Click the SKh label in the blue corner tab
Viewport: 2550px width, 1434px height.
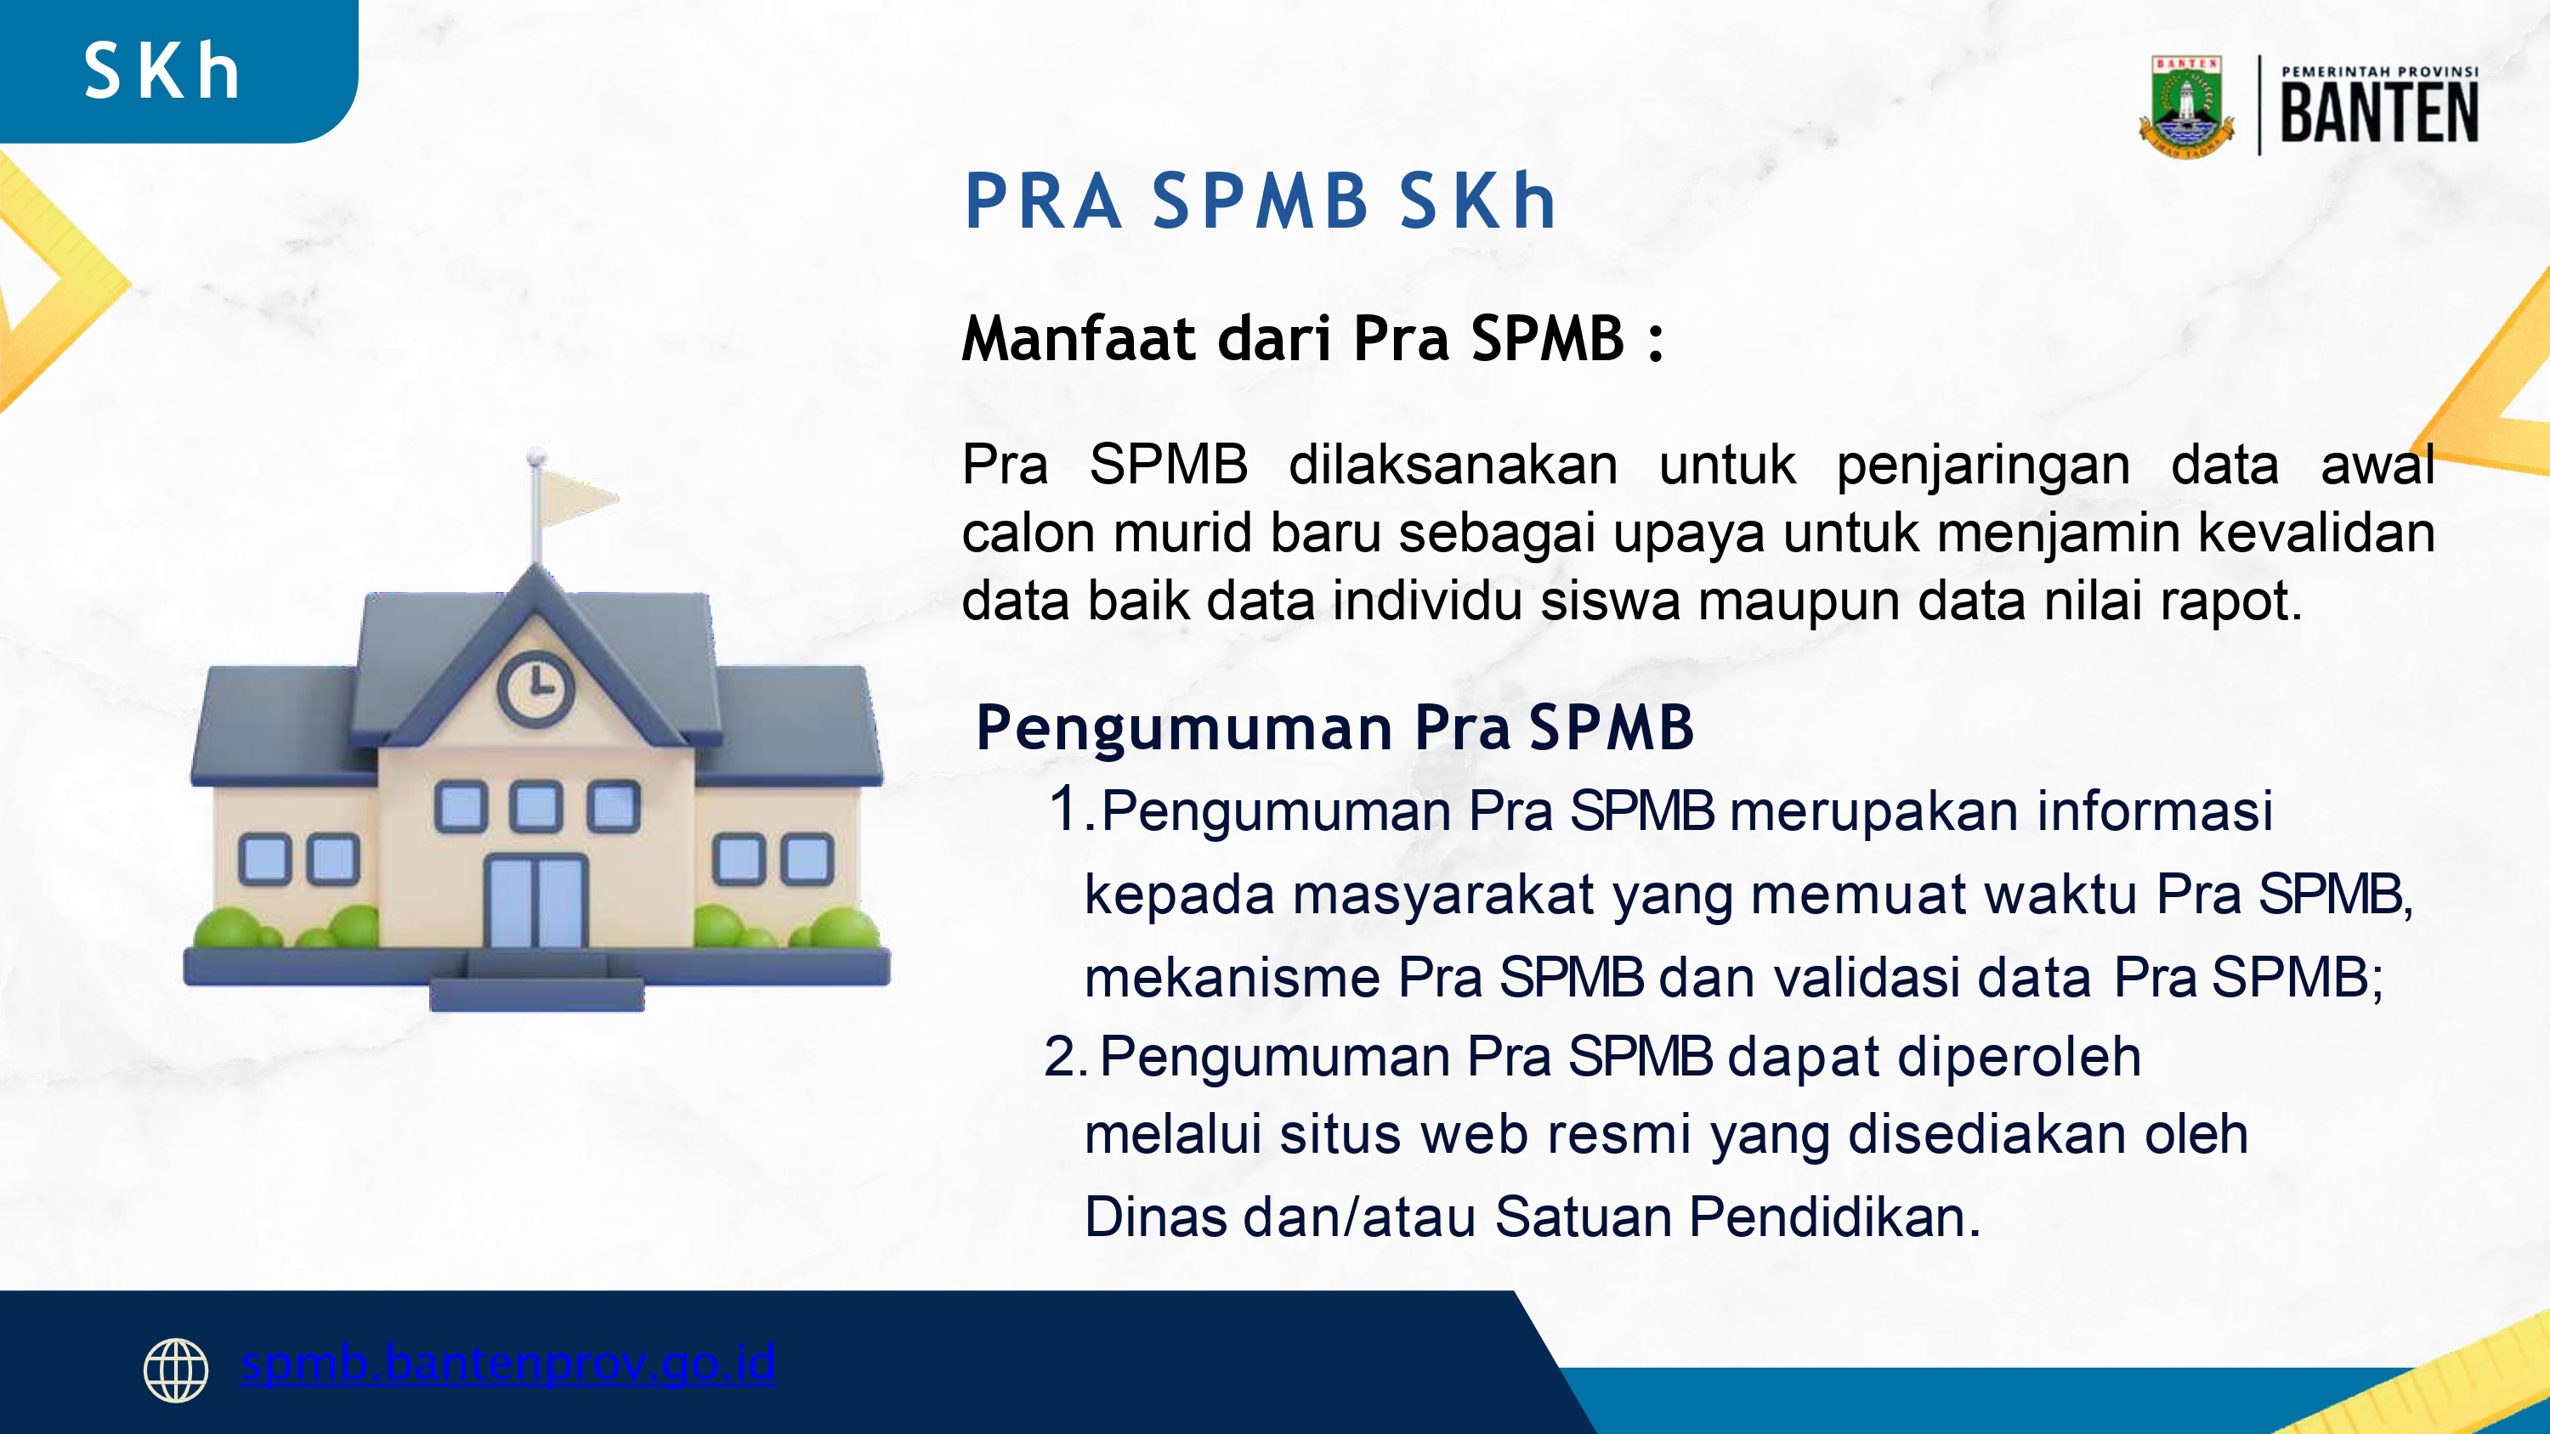point(162,71)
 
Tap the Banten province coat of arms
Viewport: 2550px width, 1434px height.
point(2187,107)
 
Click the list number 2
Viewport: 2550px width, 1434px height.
point(1064,1057)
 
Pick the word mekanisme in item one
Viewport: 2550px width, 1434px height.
point(1232,978)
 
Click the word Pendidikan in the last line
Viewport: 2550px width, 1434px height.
point(1834,1217)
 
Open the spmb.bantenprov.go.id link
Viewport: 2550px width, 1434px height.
point(507,1364)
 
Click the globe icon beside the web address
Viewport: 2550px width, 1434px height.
point(176,1370)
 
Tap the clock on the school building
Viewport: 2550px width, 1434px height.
point(535,686)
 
